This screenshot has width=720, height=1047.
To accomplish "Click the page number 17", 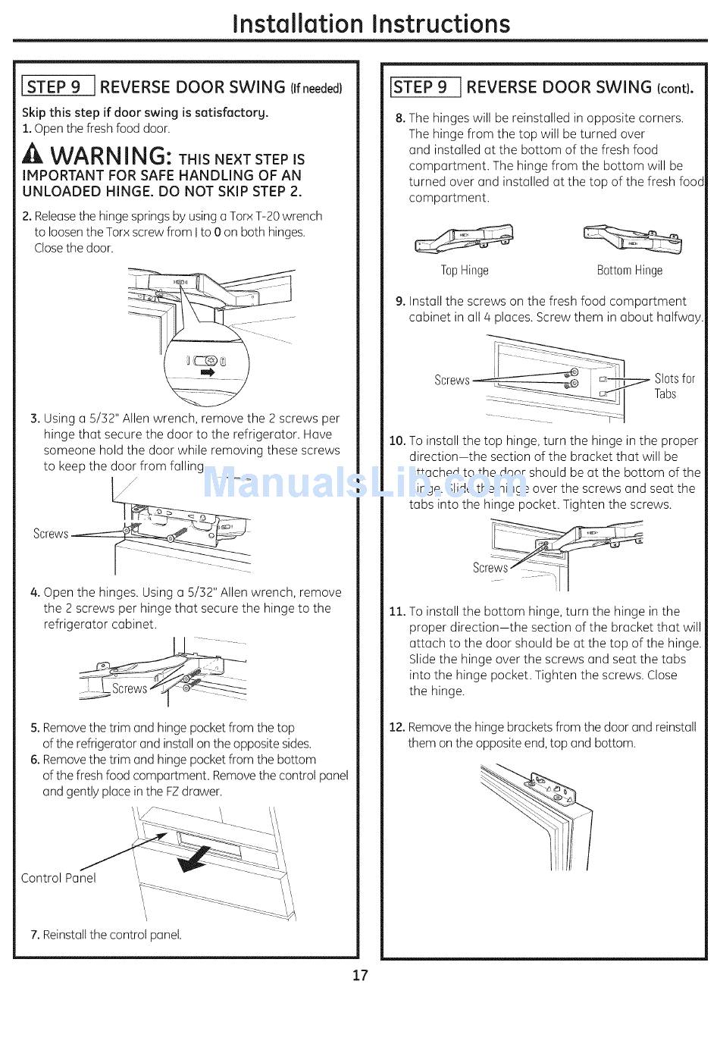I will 360,975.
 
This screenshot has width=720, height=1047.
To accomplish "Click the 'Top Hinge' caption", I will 465,271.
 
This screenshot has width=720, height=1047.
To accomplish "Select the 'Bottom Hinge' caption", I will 629,271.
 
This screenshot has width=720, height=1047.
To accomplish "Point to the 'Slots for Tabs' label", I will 674,386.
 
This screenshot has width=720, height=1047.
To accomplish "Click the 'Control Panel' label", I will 58,878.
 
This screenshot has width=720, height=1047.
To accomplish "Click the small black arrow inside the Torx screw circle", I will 205,373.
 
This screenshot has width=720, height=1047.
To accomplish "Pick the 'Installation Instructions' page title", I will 371,24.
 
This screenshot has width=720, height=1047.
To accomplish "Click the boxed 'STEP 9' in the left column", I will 58,86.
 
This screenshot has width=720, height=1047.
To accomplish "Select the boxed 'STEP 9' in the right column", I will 424,87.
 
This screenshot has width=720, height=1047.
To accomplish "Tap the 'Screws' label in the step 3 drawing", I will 51,534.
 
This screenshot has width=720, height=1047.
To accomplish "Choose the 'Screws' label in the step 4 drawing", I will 130,688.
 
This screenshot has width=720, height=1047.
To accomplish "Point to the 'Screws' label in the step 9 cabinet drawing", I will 452,380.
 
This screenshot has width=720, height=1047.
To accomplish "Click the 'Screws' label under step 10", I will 490,568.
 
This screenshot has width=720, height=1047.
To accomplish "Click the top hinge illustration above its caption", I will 465,240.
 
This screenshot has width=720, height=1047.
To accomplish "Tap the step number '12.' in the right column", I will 396,727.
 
